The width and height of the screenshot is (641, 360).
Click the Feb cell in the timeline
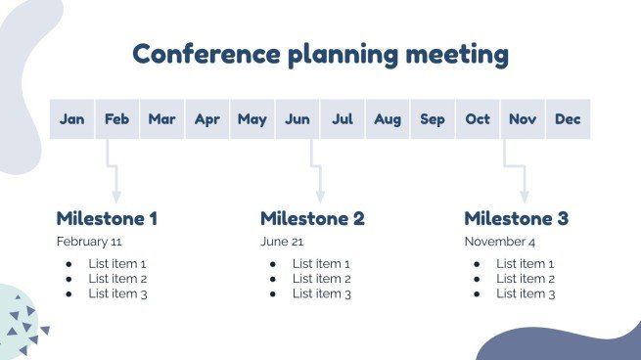click(117, 119)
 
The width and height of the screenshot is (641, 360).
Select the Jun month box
click(298, 119)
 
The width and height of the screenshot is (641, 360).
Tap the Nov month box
click(523, 119)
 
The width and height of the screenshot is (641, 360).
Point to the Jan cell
click(72, 119)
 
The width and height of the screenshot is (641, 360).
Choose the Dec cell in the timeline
click(568, 119)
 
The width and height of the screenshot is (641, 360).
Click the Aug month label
click(388, 119)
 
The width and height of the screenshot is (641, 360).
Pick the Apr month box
click(207, 119)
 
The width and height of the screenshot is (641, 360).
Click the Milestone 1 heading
click(107, 218)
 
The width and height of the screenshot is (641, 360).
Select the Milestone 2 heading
click(312, 218)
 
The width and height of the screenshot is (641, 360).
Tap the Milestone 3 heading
click(516, 218)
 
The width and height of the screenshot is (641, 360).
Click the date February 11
click(89, 242)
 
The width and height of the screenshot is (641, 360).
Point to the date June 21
click(282, 242)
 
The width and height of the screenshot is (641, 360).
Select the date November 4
click(500, 242)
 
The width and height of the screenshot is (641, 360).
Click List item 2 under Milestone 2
click(321, 279)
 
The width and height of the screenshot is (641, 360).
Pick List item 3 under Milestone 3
click(525, 293)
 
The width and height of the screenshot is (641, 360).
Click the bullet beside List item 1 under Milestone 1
click(69, 264)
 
